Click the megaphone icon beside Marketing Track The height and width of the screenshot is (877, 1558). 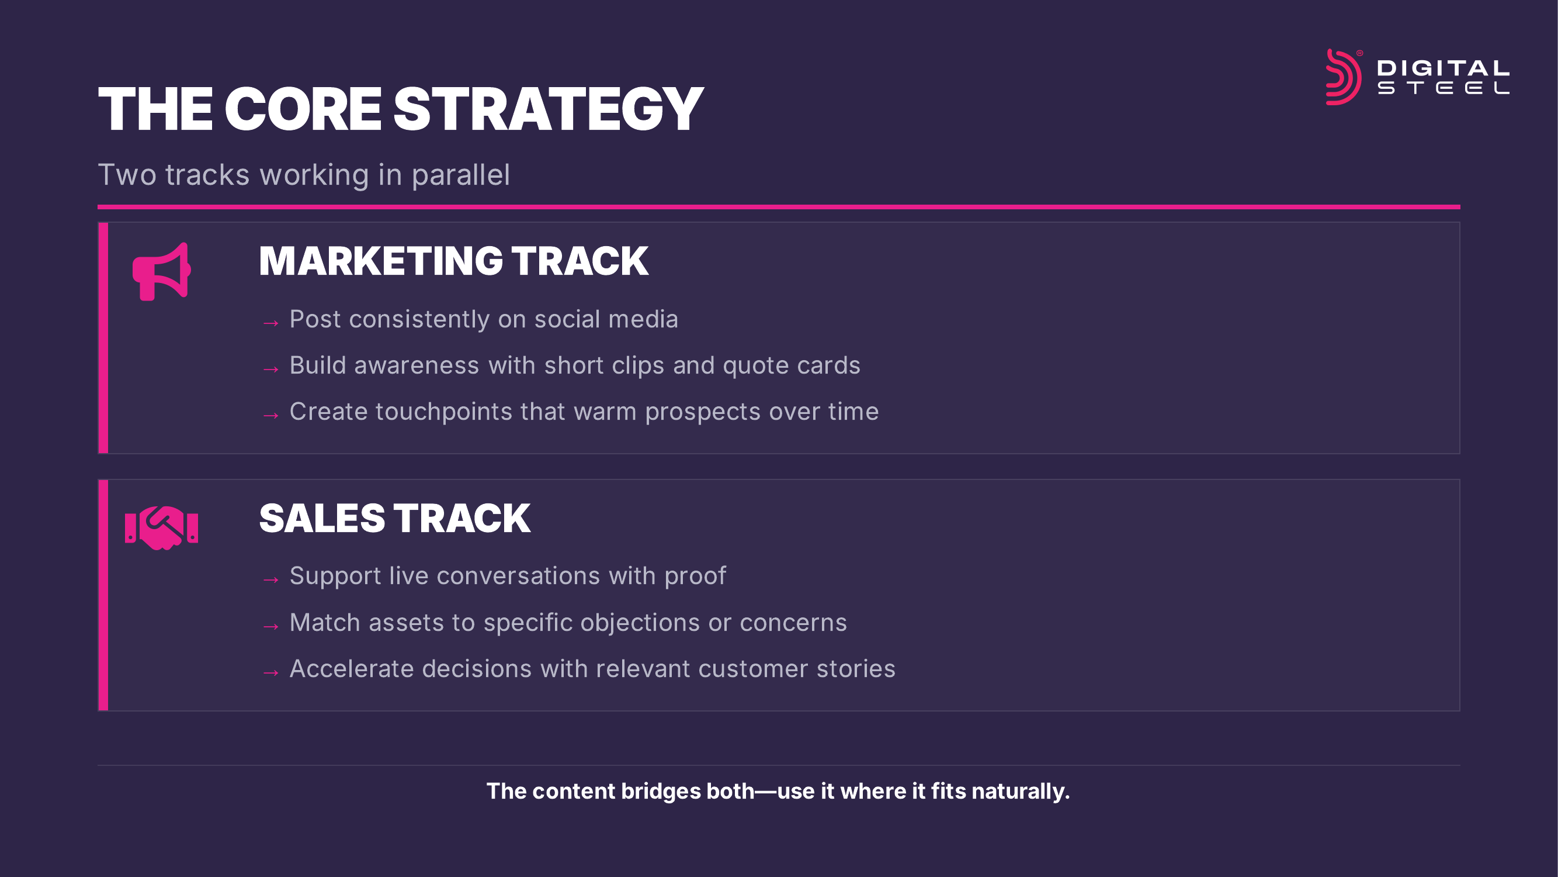click(161, 272)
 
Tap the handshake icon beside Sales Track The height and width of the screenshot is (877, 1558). click(161, 528)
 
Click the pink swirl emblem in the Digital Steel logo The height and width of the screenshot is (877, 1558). click(1343, 77)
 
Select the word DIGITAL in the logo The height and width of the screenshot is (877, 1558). click(1443, 68)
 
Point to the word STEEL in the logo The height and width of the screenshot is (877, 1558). click(1443, 88)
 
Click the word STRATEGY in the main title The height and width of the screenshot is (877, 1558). click(549, 109)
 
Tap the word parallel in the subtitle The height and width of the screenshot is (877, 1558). click(461, 175)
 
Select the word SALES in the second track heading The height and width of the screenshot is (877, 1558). click(322, 519)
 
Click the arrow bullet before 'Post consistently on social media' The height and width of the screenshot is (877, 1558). click(271, 323)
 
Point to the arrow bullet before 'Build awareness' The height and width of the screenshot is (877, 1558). click(271, 368)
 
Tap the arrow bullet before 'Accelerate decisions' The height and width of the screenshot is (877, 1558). click(271, 672)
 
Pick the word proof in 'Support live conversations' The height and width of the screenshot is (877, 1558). click(695, 577)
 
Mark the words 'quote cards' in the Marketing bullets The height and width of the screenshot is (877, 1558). click(791, 366)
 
